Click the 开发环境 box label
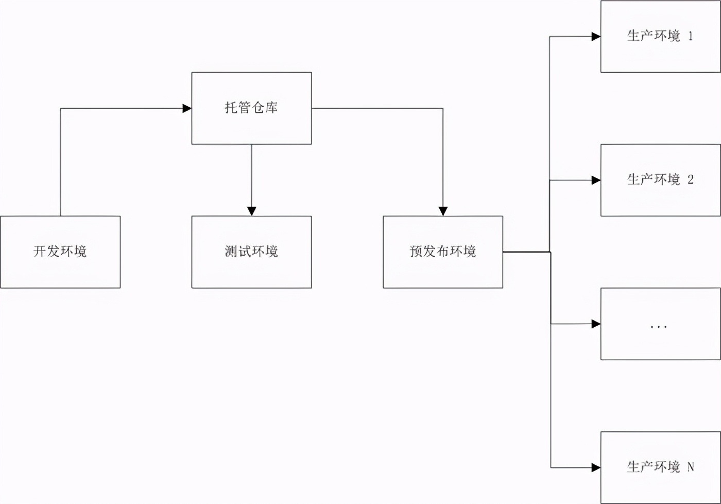60,251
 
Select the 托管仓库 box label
251,108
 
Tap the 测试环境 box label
251,251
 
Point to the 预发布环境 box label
442,251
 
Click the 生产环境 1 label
659,36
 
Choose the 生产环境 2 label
659,180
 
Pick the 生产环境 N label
659,467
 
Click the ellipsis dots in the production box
659,326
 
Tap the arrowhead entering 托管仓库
187,108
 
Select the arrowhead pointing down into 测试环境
251,211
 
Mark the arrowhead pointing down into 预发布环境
443,211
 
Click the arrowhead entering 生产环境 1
596,37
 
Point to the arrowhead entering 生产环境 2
596,180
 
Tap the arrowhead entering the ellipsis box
596,324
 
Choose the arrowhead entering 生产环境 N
596,467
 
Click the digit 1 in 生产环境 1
691,36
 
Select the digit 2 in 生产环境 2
691,180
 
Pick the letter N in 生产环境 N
691,467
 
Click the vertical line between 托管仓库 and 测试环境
251,175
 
